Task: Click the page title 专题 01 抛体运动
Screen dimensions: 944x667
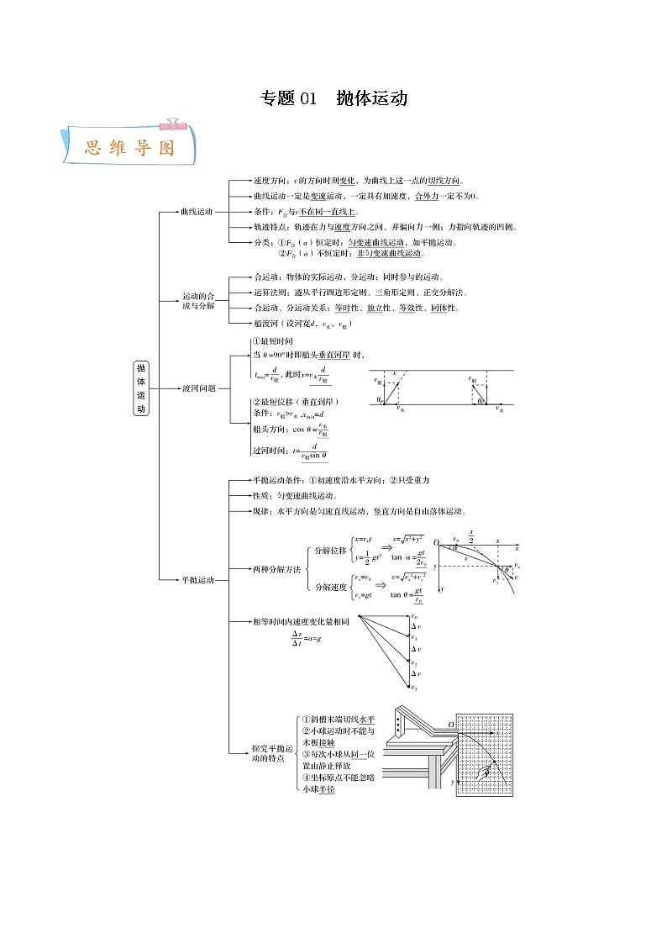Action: tap(333, 98)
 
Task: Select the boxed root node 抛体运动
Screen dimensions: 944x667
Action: tap(141, 388)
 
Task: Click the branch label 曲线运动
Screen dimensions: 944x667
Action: tap(197, 211)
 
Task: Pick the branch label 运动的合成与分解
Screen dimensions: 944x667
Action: tap(199, 300)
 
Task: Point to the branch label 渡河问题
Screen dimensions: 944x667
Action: tap(199, 388)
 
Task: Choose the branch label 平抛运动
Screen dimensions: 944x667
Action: tap(199, 580)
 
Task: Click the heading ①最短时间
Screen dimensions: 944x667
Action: tap(273, 341)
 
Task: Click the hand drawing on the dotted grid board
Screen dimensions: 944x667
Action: tap(486, 773)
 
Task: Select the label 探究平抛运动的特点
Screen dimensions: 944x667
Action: tap(273, 753)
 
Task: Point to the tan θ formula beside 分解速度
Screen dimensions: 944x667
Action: tap(407, 595)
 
